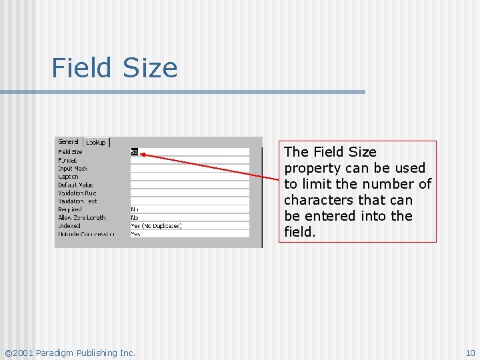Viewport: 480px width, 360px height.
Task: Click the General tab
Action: [68, 141]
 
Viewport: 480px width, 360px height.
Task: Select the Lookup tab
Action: [96, 143]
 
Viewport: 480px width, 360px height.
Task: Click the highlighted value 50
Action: [134, 152]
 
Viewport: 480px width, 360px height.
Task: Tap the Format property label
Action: [67, 160]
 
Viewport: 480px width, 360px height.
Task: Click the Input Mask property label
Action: [73, 169]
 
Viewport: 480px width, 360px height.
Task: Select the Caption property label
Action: [68, 177]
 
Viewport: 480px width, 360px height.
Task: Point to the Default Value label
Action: [75, 185]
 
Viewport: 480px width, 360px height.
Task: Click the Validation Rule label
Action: [77, 193]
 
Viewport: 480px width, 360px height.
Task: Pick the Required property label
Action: [69, 209]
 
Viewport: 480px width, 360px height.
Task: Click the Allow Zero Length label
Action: [81, 218]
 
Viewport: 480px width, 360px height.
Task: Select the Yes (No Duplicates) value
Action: [156, 226]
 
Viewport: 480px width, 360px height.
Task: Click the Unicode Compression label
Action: [86, 234]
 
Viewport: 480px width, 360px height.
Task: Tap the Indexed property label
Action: [69, 226]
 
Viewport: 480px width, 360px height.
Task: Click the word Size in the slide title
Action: [150, 68]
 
